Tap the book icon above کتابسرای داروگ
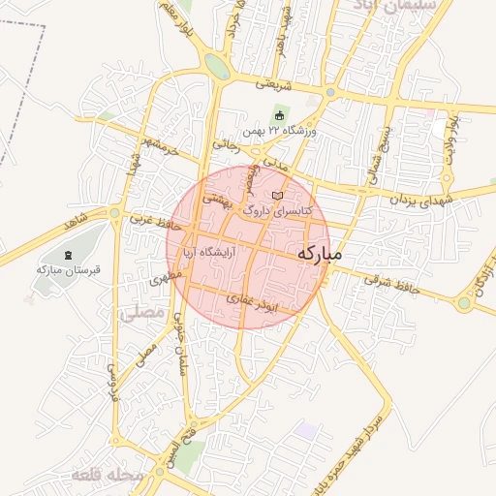point(278,195)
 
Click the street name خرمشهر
point(160,148)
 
